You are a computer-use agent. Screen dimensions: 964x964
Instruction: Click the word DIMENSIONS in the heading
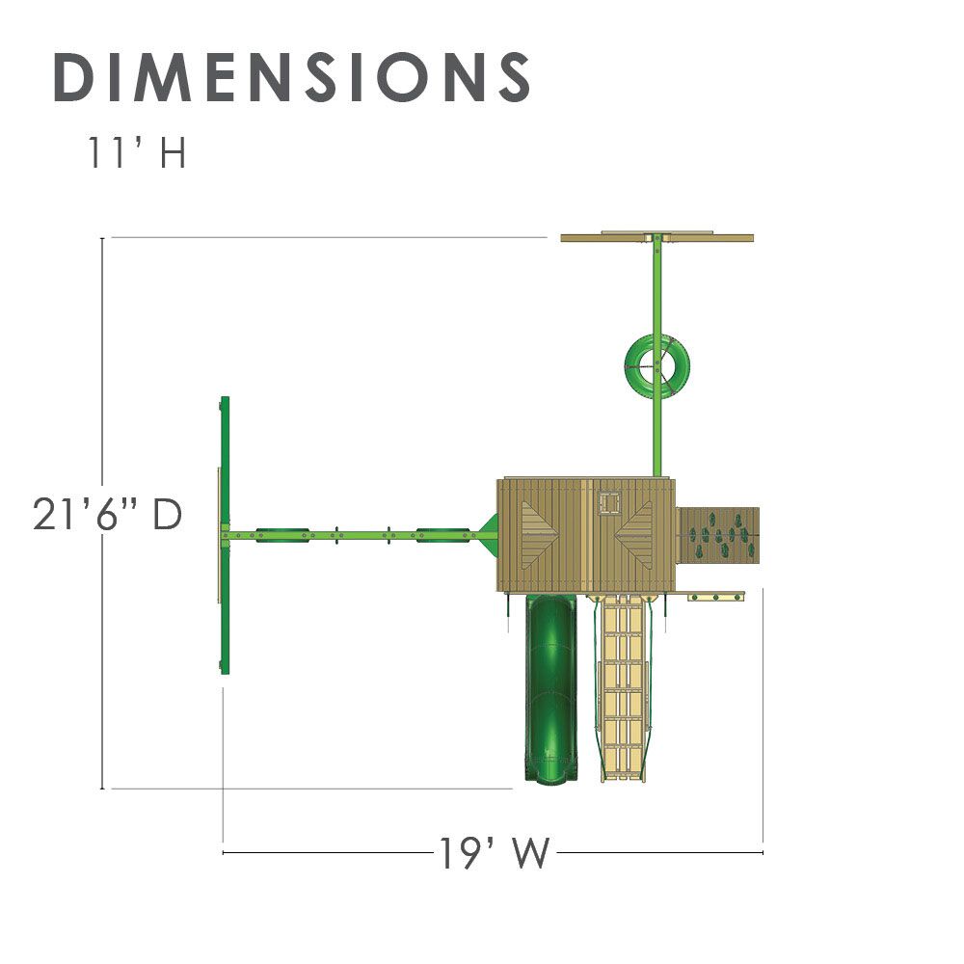(292, 77)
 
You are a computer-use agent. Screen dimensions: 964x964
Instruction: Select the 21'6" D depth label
(107, 515)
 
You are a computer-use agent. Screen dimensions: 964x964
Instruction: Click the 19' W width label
(495, 853)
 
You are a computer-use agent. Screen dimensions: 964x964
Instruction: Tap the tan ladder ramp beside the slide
(625, 684)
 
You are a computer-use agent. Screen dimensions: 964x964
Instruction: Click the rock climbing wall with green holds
(720, 537)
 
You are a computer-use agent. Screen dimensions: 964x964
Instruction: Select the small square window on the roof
(608, 501)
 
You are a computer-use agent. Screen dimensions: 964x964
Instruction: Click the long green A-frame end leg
(225, 535)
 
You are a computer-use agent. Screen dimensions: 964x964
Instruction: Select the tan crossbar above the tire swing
(656, 237)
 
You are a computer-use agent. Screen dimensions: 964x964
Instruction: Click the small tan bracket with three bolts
(716, 598)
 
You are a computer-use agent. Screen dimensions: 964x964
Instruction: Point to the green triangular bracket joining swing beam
(487, 531)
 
